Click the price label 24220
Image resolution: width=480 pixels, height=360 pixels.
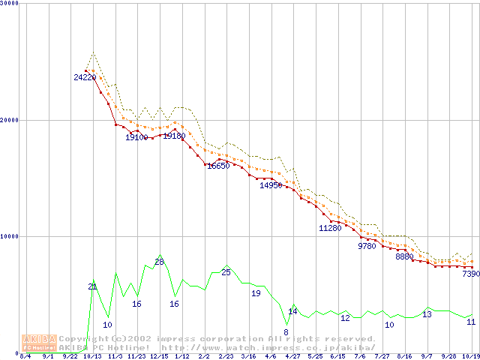85,77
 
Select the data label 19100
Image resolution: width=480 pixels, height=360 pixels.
136,137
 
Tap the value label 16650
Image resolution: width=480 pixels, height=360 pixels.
218,166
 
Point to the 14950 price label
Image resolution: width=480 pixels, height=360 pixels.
271,185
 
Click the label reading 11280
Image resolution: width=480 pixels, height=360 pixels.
330,228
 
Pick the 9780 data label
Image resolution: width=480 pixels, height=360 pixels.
367,246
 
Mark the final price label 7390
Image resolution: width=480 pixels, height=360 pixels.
470,274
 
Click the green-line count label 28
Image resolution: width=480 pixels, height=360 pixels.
159,262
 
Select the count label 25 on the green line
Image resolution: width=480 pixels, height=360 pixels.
226,272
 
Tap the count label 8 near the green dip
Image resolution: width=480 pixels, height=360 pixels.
285,332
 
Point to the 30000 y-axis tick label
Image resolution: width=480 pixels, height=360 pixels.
8,3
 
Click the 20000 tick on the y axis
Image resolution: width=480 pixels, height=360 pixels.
8,120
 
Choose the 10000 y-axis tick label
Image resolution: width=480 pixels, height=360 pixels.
8,236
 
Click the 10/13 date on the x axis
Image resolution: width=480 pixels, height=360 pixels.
92,356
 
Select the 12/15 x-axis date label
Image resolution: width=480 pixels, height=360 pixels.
159,356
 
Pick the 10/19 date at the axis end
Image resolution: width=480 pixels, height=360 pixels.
470,356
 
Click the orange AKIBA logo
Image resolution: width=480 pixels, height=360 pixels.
39,343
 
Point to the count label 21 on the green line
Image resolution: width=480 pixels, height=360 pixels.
92,286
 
